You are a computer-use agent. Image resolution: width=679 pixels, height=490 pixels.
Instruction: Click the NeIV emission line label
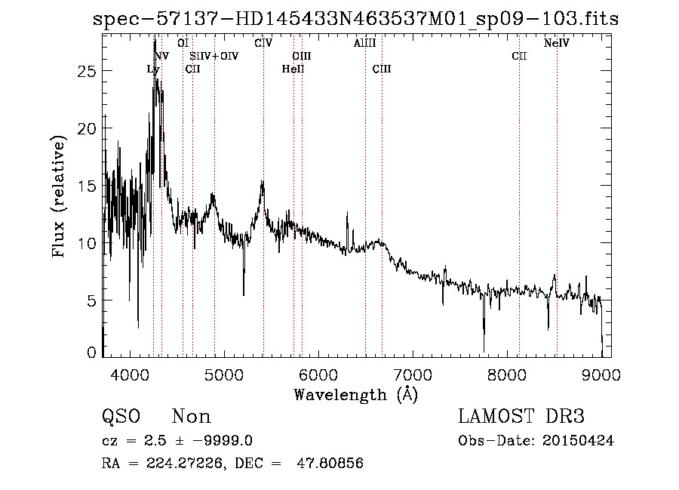click(x=556, y=43)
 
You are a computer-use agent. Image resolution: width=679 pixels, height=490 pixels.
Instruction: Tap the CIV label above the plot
click(x=263, y=43)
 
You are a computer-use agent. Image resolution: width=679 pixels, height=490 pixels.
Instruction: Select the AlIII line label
click(x=365, y=43)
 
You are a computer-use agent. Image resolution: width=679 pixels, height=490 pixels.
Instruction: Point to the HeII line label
click(x=293, y=69)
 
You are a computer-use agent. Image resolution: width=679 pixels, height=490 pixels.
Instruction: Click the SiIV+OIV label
click(x=214, y=56)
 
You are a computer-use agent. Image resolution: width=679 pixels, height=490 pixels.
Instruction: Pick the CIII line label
click(x=382, y=69)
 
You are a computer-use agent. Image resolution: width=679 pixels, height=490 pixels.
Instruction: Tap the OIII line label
click(x=302, y=56)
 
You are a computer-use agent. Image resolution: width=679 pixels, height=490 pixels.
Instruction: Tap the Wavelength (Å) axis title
click(x=355, y=394)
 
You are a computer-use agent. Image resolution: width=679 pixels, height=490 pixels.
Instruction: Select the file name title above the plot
click(x=355, y=19)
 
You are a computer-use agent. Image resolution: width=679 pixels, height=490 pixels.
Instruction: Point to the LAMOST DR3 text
click(x=521, y=417)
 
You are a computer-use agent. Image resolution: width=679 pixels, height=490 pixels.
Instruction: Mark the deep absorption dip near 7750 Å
click(x=484, y=340)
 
